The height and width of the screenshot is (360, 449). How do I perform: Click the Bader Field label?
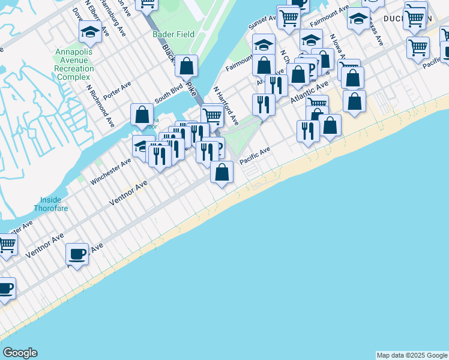pos(173,34)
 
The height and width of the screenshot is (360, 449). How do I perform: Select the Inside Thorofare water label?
pos(54,204)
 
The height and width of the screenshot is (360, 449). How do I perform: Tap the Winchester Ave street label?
pos(110,171)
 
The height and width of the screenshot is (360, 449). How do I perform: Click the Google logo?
pos(20,353)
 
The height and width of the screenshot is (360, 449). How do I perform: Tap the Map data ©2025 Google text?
pos(412,355)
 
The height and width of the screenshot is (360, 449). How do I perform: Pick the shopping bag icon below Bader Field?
pos(187,66)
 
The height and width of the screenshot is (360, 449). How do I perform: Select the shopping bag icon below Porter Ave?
pos(142,114)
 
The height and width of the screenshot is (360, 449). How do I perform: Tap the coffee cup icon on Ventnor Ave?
pos(77,254)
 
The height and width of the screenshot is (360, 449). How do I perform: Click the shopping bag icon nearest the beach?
pos(222,172)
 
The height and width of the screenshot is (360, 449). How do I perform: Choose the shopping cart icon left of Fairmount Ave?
pos(289,17)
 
